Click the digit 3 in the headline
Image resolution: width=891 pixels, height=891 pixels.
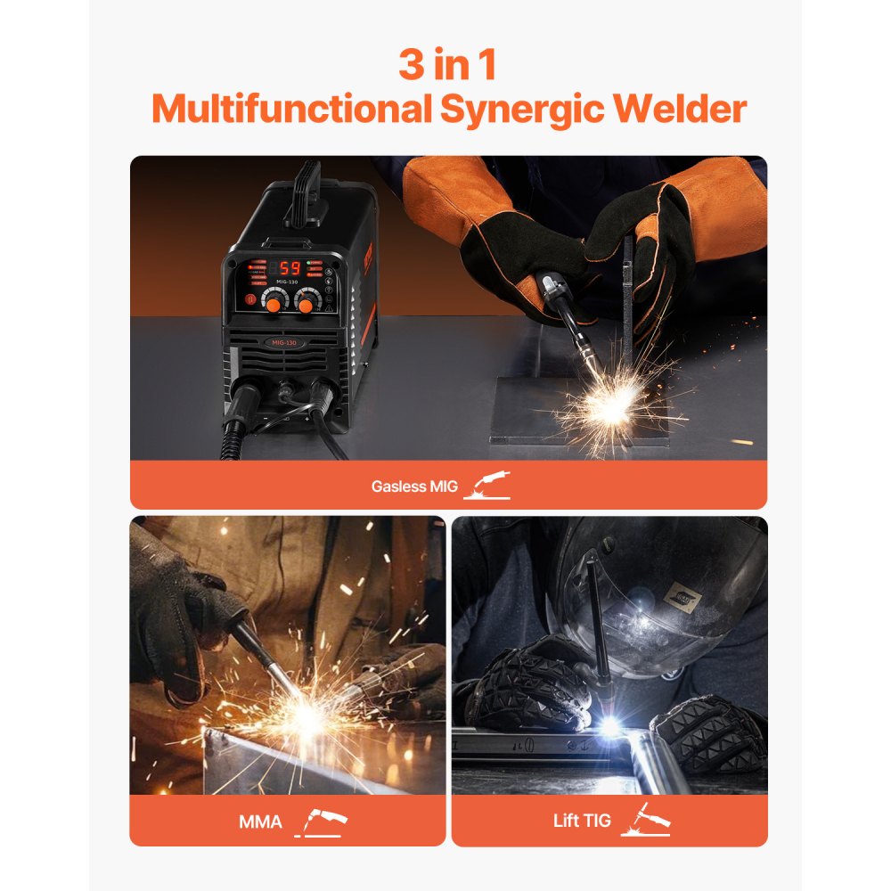coord(412,66)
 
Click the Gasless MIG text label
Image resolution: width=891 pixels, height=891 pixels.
coord(414,486)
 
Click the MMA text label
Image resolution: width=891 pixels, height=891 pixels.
coord(260,821)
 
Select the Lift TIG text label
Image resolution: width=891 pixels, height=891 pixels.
coord(582,821)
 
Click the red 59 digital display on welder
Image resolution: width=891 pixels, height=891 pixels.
coord(289,268)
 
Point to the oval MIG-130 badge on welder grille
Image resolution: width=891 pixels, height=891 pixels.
coord(283,343)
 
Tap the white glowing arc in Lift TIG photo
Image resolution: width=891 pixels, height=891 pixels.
coord(610,726)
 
